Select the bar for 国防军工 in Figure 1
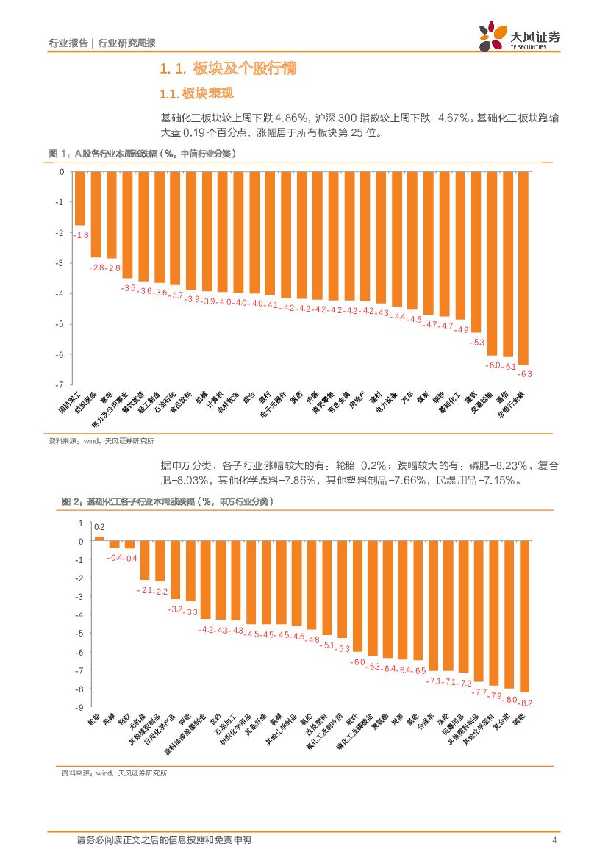pyautogui.click(x=80, y=198)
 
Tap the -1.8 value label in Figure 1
pyautogui.click(x=81, y=234)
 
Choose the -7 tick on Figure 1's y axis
pyautogui.click(x=62, y=384)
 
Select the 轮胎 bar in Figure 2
pyautogui.click(x=99, y=539)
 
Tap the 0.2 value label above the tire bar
pyautogui.click(x=99, y=527)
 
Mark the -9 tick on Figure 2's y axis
pyautogui.click(x=79, y=707)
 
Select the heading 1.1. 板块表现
pyautogui.click(x=196, y=94)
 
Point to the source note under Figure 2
pyautogui.click(x=114, y=773)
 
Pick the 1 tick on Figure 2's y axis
pyautogui.click(x=81, y=523)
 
